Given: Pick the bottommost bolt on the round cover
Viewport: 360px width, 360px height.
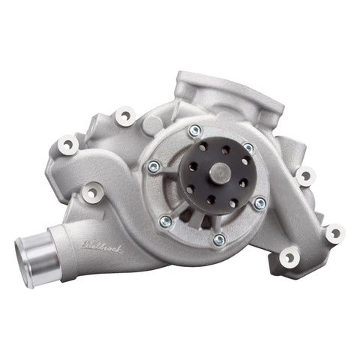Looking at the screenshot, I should click(x=218, y=239).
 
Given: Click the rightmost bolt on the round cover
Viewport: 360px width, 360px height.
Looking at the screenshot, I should click(x=259, y=203).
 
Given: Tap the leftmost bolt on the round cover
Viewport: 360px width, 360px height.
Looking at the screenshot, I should click(x=154, y=166).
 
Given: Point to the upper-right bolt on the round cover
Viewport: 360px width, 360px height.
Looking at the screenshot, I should click(x=248, y=148).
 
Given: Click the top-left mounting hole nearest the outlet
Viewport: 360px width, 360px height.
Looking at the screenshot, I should click(x=124, y=116).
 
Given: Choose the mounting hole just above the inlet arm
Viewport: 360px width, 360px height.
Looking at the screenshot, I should click(x=92, y=193).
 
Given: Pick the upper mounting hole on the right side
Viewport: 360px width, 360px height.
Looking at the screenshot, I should click(x=303, y=177).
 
